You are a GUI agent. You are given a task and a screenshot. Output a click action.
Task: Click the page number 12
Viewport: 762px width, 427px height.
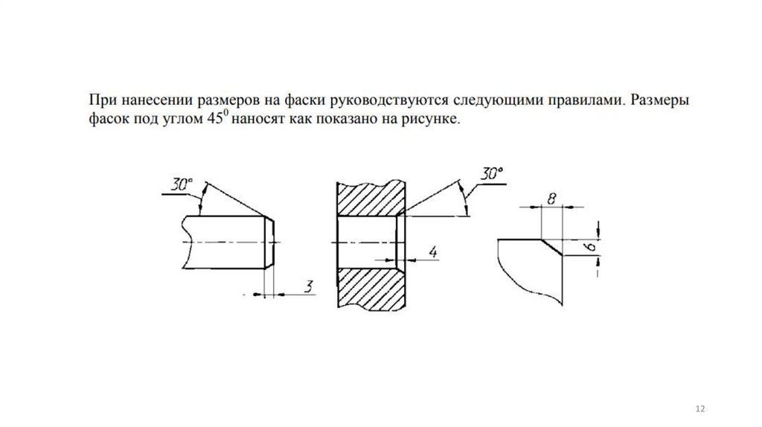point(699,410)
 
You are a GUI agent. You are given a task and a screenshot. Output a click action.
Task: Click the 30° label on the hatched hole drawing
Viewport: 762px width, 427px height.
point(490,174)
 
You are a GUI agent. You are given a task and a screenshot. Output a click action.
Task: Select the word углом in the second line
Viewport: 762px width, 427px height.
point(176,118)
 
